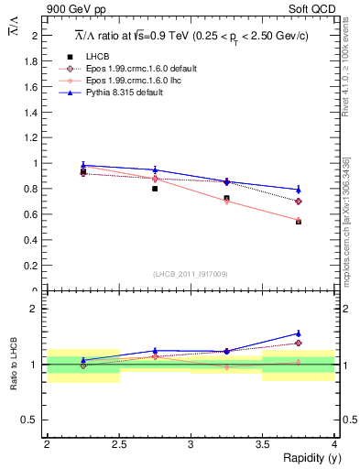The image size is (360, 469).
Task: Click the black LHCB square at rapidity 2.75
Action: tap(155, 189)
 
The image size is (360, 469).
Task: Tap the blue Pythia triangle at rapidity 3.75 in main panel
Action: tap(299, 190)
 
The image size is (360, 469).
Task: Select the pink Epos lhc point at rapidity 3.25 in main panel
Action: tap(226, 201)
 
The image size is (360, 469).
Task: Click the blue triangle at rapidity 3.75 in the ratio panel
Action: tap(299, 333)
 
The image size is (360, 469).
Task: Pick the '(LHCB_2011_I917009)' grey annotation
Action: tap(191, 274)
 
